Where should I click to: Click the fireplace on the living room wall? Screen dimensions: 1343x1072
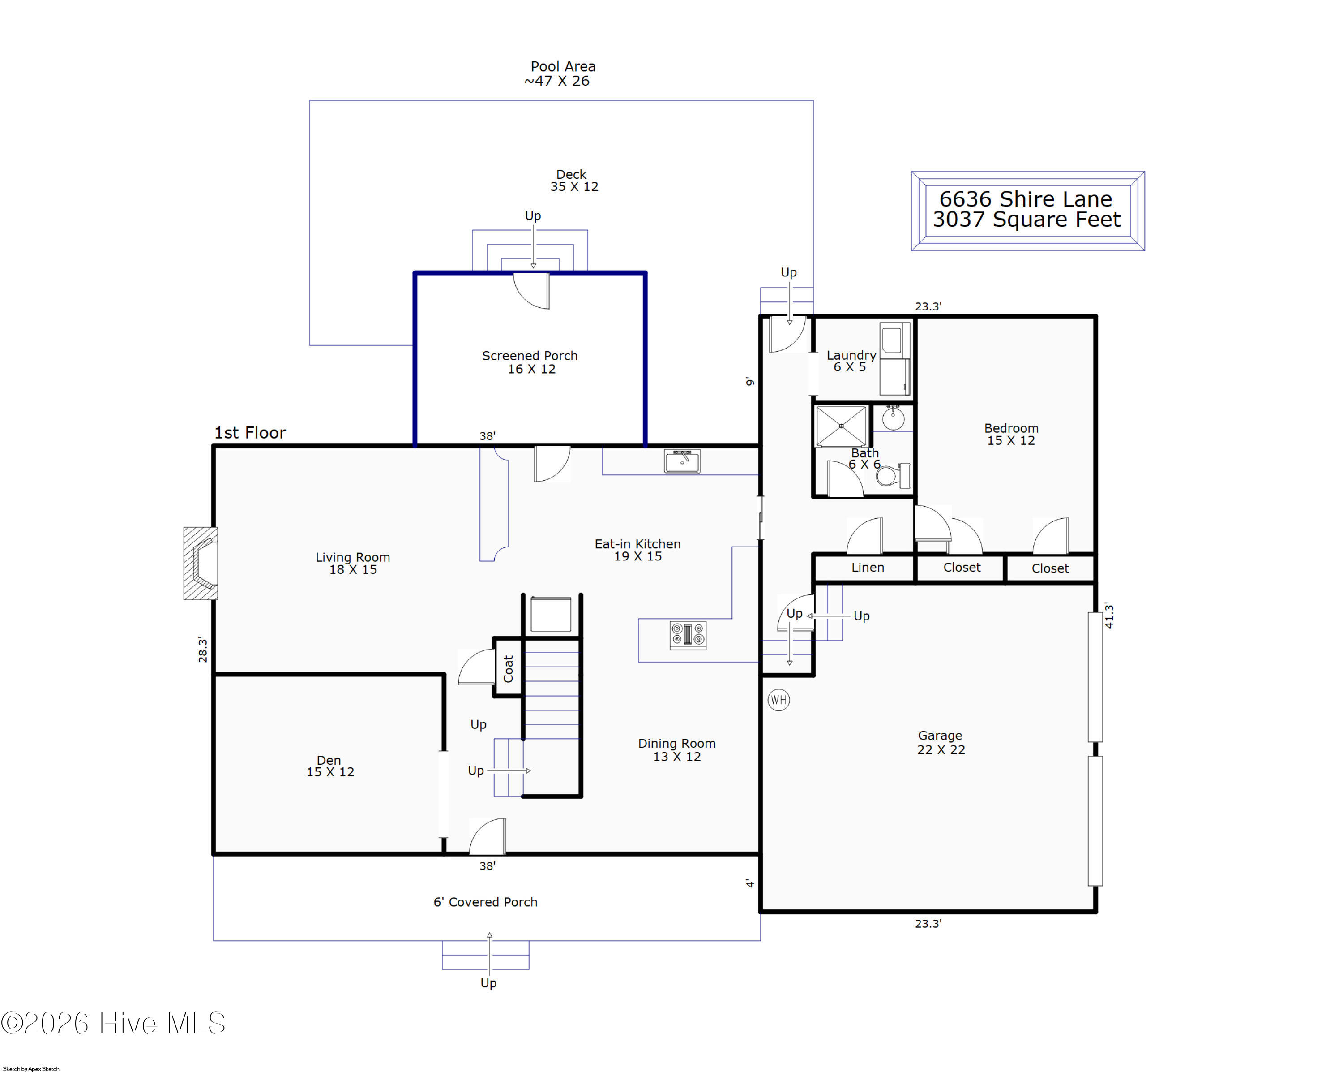click(201, 564)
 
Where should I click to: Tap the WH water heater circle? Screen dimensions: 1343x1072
click(778, 700)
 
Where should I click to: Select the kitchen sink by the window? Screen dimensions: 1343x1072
click(682, 462)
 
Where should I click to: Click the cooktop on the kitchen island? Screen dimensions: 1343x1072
click(688, 635)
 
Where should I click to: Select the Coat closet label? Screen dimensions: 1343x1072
click(508, 668)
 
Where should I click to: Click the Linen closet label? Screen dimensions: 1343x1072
click(868, 567)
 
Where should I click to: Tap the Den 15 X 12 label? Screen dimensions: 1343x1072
click(329, 766)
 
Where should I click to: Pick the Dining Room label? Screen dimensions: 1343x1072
click(676, 744)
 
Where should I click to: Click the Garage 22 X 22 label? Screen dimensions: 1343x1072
click(941, 742)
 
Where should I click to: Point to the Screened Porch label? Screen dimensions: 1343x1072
click(530, 356)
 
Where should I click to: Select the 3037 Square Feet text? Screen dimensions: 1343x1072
click(1026, 220)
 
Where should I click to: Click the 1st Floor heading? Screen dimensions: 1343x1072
click(250, 433)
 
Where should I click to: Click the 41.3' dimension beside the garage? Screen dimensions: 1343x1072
click(1109, 615)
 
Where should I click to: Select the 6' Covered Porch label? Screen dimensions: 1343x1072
click(485, 902)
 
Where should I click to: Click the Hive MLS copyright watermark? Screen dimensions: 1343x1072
click(113, 1023)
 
